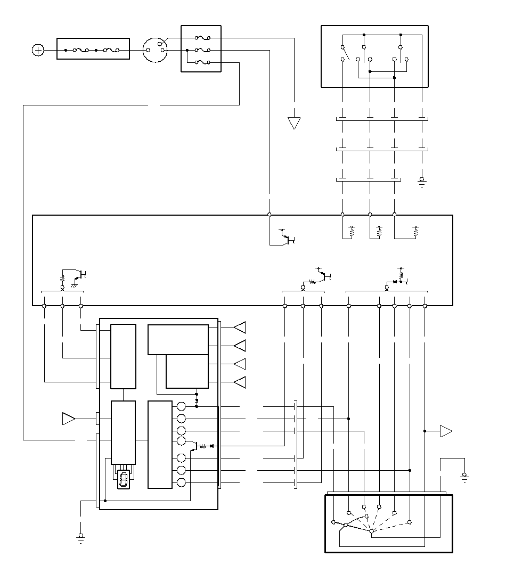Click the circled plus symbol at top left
(38, 50)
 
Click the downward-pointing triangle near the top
(294, 123)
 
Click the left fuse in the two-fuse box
(80, 50)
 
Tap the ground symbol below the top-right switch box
(422, 183)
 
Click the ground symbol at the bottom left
(81, 538)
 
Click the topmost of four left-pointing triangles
(240, 327)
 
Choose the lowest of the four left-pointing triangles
(240, 382)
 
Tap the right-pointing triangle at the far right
(446, 431)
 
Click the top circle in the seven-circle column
(181, 407)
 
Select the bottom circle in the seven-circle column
(181, 482)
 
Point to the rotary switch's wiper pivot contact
(371, 531)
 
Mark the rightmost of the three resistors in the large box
(416, 231)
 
